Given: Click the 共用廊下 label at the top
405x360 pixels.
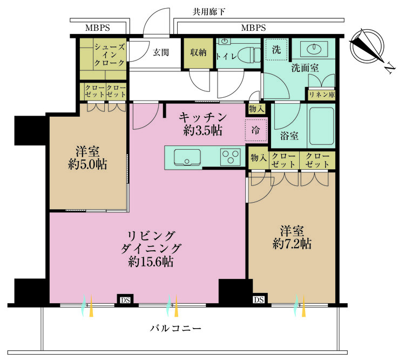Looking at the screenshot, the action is coord(209,12).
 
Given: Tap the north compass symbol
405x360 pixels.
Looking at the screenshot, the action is coord(368,49).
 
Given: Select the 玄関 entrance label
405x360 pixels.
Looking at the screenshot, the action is coord(161,52).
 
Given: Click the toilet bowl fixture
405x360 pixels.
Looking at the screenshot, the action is coord(248,54).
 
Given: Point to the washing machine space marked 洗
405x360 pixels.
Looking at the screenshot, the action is coord(276,49).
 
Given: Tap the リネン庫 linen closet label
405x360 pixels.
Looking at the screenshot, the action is coord(322,95).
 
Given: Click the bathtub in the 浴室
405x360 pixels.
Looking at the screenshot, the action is coord(322,126).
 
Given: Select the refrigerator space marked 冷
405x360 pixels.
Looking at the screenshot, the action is coord(256,130).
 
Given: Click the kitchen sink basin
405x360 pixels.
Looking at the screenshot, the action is coord(187,157).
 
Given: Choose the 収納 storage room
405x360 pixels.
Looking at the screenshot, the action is coord(198,54).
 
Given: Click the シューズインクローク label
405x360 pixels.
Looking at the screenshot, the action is coord(110,55).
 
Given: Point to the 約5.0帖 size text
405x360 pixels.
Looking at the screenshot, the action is coord(87,164).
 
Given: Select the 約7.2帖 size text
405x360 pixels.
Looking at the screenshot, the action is coord(292,244).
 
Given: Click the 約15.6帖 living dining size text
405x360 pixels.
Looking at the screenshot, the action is coord(151,262).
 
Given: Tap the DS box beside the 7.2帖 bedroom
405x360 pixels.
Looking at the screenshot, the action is coord(259,299).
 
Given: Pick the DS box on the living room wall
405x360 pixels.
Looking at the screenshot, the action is coord(125,300).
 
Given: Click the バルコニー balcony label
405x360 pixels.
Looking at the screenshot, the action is coord(175,329).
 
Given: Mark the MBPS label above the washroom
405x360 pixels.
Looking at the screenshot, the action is coord(253,28).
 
